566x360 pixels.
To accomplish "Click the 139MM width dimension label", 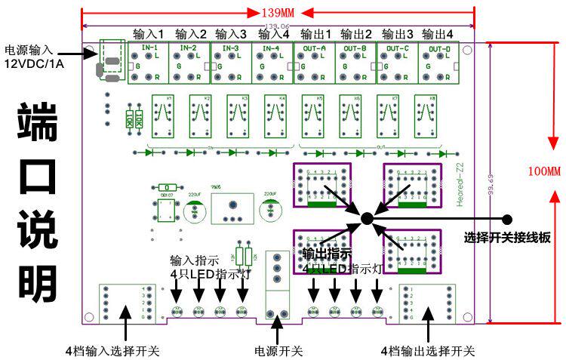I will [276, 13].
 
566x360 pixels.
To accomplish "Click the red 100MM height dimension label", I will [544, 172].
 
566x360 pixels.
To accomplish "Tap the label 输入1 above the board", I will [148, 35].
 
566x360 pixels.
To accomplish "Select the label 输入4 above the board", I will [274, 35].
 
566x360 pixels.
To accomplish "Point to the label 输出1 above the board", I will [315, 35].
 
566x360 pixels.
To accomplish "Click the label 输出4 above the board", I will [438, 35].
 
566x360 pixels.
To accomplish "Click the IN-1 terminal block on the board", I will [148, 63].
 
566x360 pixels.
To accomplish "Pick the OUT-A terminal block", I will [314, 63].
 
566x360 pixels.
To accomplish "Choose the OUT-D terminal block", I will [438, 63].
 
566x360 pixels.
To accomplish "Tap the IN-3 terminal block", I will [231, 63].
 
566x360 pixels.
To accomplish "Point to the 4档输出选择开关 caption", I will [428, 351].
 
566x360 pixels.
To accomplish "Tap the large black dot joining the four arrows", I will [366, 218].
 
